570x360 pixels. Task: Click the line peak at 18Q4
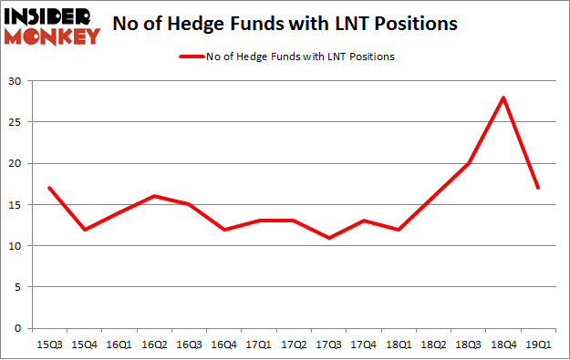pos(502,98)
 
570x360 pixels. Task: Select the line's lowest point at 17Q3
pos(328,238)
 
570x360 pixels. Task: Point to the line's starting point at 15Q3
pos(50,188)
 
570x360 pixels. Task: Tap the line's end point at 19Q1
pos(537,188)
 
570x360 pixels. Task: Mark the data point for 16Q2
pos(155,196)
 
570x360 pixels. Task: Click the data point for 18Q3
pos(467,163)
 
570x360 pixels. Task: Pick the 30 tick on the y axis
pos(16,81)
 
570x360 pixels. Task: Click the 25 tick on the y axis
pos(16,122)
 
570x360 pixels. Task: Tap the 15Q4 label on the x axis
pos(85,345)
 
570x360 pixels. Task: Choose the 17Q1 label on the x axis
pos(259,345)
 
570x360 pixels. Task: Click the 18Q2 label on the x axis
pos(432,345)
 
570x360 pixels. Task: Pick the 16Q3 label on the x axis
pos(189,345)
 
